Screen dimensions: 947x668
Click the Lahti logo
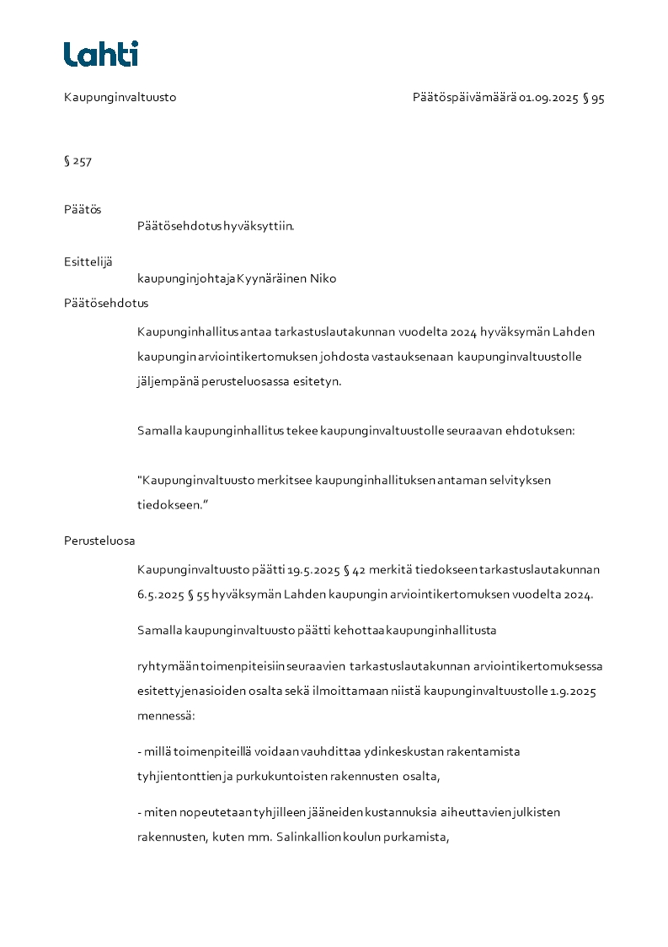[x=100, y=54]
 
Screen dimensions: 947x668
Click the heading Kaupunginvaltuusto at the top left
[x=120, y=98]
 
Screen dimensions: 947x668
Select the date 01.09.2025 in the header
[x=548, y=98]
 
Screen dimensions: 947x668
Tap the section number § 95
[x=594, y=98]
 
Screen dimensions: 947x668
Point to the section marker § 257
[x=77, y=161]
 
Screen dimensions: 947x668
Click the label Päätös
[x=83, y=209]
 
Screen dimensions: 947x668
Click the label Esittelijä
[x=88, y=261]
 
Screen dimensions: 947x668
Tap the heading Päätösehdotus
[x=106, y=303]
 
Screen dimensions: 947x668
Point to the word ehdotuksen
[x=540, y=430]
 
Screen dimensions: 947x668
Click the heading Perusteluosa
[x=99, y=541]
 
